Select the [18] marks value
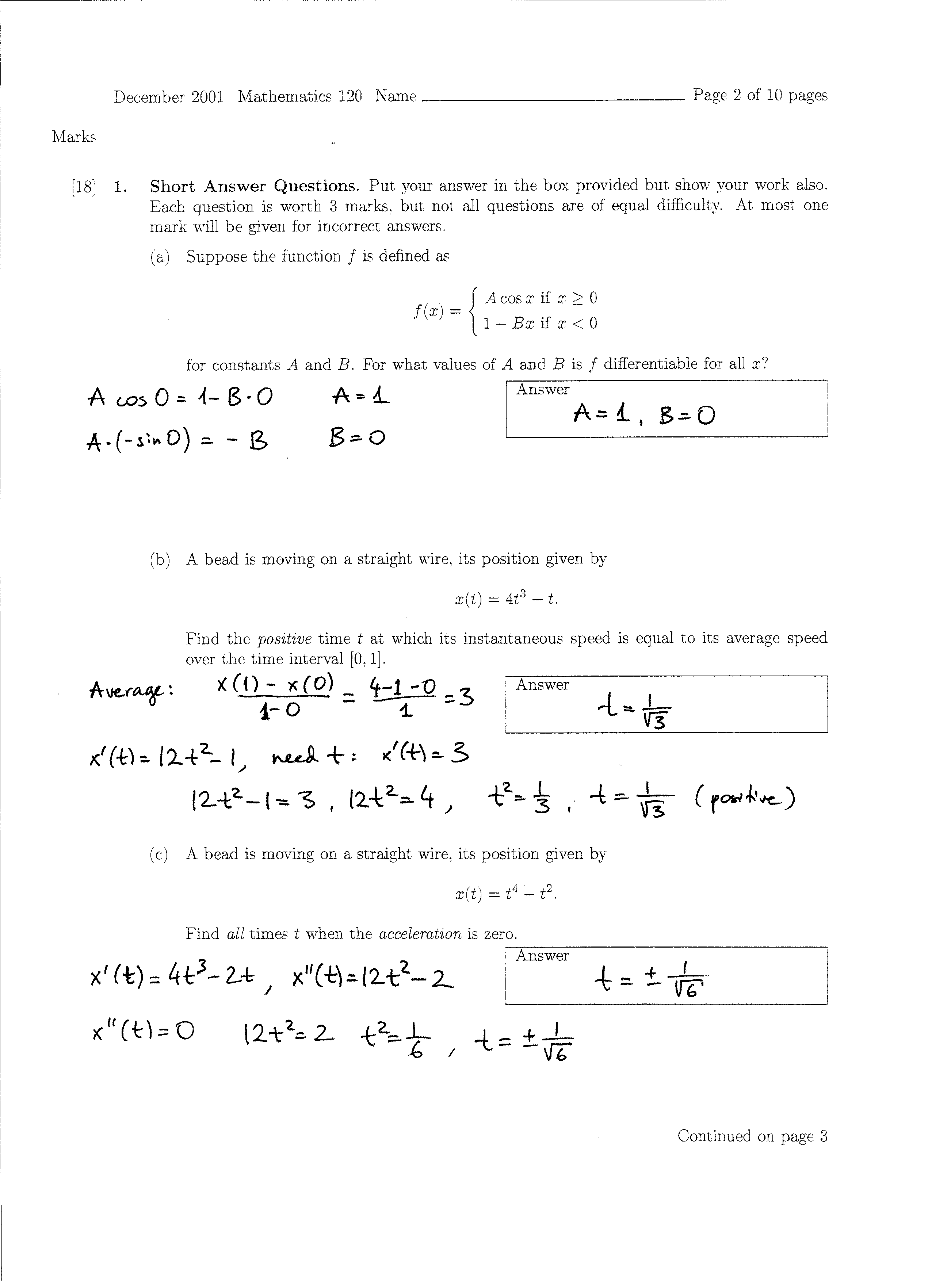tap(83, 186)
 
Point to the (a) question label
tap(160, 257)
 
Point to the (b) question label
tap(160, 560)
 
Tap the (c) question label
tap(159, 854)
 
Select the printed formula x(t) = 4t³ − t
tap(506, 599)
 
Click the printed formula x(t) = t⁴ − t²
tap(506, 894)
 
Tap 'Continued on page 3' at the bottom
tap(752, 1136)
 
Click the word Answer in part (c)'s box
tap(542, 956)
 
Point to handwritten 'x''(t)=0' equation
tap(142, 1032)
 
